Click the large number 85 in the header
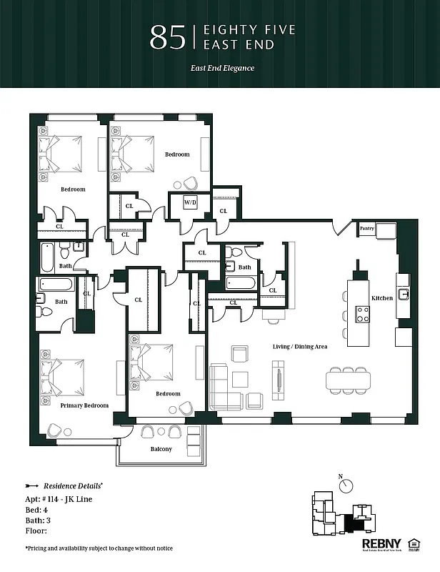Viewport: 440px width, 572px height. [x=168, y=38]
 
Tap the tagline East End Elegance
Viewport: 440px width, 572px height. [x=222, y=69]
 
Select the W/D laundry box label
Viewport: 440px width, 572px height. [x=191, y=202]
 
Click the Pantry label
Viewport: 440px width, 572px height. [x=367, y=229]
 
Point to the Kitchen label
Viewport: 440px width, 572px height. [x=381, y=297]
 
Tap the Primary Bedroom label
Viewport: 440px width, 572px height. [x=84, y=405]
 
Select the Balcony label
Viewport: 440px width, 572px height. [x=161, y=449]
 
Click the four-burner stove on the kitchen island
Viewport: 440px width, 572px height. [x=363, y=313]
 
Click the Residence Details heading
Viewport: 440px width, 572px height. [x=79, y=484]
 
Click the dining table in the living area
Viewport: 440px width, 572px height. [x=349, y=378]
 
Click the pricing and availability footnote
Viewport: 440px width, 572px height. [x=99, y=548]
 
